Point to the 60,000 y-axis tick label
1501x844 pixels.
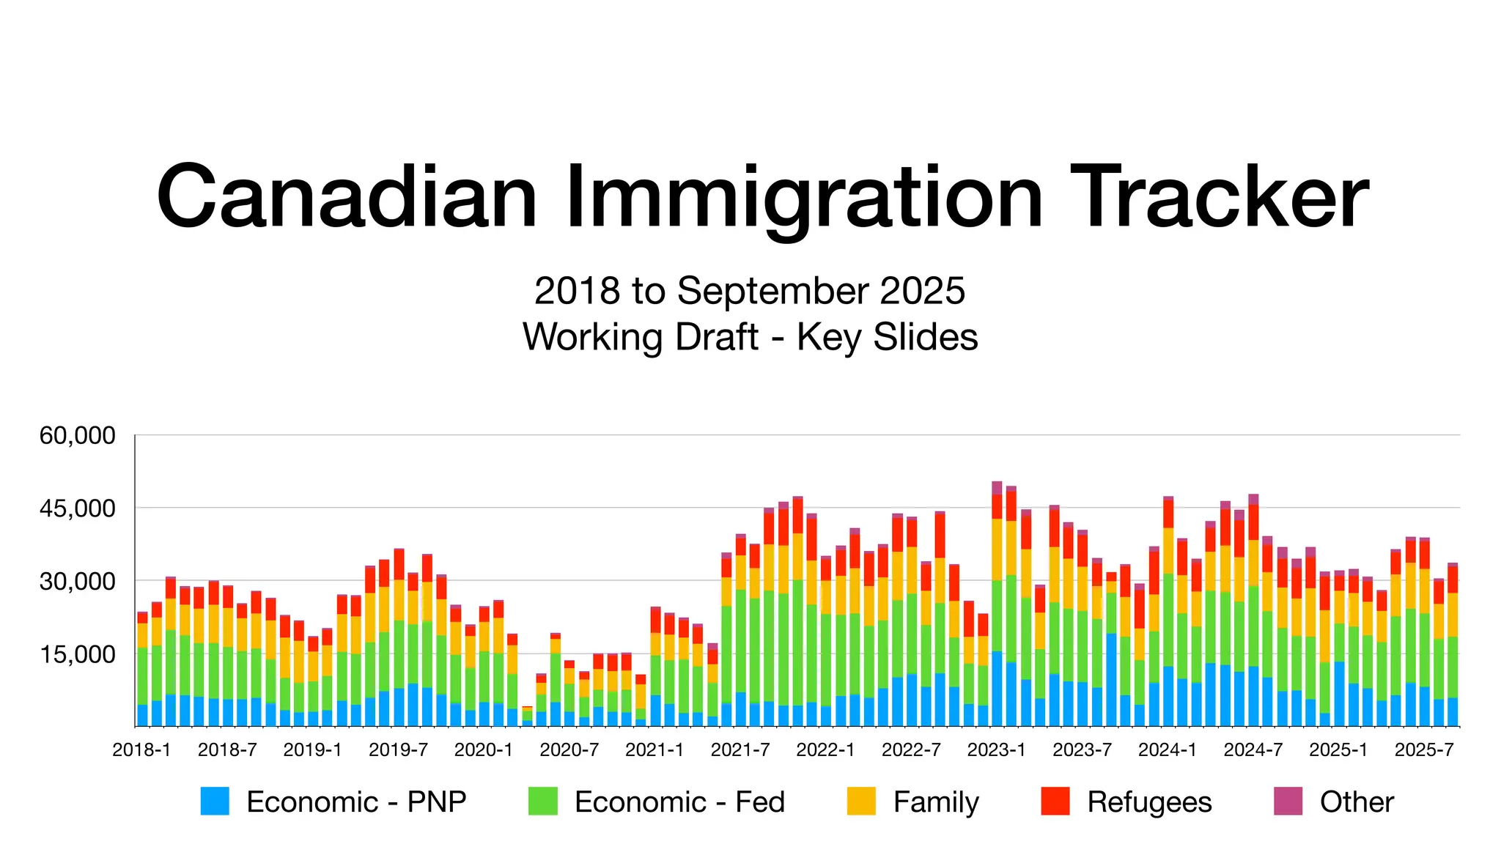[77, 435]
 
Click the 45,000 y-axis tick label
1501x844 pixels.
[77, 508]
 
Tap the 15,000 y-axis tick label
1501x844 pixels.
[77, 654]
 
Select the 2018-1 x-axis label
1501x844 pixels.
[141, 750]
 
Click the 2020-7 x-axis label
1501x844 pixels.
[569, 750]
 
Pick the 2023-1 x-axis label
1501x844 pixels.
[997, 750]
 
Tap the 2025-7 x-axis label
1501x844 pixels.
[1424, 750]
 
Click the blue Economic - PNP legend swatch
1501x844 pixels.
[215, 801]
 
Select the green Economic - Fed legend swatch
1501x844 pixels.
[542, 801]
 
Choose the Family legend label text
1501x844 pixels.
[936, 802]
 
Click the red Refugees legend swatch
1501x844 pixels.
[1055, 801]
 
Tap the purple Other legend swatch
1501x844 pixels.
[1288, 801]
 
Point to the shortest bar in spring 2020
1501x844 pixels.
[527, 717]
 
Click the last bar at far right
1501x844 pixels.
[1453, 645]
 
